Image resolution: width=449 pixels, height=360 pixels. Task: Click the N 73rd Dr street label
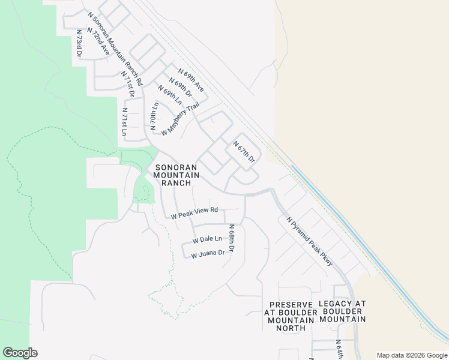click(x=79, y=43)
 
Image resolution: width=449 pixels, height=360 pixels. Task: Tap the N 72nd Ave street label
click(x=97, y=41)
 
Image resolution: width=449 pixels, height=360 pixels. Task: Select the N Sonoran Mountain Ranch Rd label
click(x=114, y=47)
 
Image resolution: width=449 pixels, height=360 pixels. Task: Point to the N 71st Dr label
click(x=127, y=85)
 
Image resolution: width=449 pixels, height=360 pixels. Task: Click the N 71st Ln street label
click(x=124, y=122)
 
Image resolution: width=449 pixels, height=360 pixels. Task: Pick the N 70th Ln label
click(x=154, y=115)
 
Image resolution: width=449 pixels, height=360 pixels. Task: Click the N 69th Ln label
click(x=169, y=95)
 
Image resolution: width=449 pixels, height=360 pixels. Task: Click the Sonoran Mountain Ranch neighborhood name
click(x=172, y=175)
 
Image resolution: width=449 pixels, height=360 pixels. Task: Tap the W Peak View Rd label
click(x=194, y=213)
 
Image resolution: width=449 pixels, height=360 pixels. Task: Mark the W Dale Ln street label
click(x=207, y=239)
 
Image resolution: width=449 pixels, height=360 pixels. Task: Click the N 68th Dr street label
click(x=231, y=238)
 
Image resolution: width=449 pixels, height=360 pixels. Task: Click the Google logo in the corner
click(x=20, y=353)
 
